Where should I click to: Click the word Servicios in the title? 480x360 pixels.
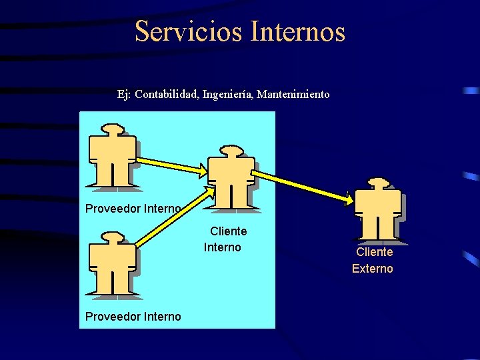point(189,31)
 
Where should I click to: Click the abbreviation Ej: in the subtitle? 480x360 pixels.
point(124,95)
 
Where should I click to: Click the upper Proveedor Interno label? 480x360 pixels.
point(133,209)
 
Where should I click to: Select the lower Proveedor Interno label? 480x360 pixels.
point(133,316)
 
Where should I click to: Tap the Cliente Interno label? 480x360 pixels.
point(225,239)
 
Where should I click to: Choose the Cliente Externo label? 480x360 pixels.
point(373,261)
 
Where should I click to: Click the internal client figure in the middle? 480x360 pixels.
point(231,178)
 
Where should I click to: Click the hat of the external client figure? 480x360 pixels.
point(378,182)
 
